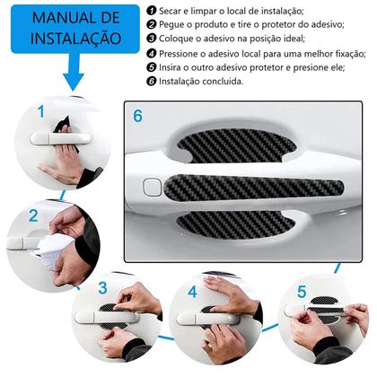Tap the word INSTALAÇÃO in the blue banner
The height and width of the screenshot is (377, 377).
click(75, 39)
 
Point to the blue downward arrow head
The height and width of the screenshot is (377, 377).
click(74, 82)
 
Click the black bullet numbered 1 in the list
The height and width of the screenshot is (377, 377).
click(152, 11)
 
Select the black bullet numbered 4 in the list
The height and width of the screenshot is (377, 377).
click(152, 54)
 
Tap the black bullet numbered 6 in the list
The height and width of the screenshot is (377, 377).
click(152, 81)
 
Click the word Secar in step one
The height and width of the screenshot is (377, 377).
click(169, 11)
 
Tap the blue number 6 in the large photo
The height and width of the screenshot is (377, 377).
click(137, 116)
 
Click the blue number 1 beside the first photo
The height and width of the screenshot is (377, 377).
click(41, 111)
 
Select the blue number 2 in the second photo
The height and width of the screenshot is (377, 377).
click(33, 215)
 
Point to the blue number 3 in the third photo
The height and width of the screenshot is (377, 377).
click(102, 287)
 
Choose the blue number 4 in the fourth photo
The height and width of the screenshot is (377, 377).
click(192, 292)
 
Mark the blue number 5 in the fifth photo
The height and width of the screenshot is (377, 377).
click(302, 292)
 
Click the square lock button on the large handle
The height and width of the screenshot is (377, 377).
click(153, 187)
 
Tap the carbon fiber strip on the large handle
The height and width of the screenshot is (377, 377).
click(254, 188)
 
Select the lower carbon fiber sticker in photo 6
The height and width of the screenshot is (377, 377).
click(236, 224)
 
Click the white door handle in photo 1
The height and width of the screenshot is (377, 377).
click(60, 138)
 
